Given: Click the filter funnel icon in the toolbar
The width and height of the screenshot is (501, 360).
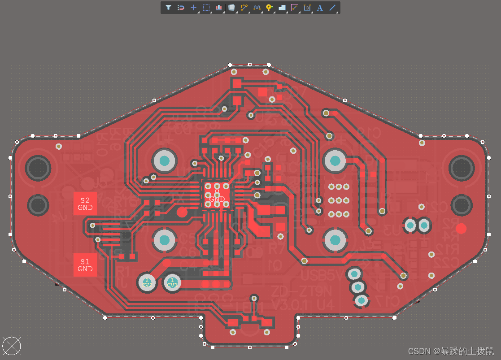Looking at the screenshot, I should tap(168, 8).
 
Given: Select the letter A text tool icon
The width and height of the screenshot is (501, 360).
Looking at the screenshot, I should tap(320, 8).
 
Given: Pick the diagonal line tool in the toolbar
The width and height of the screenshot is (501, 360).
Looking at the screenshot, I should tap(332, 8).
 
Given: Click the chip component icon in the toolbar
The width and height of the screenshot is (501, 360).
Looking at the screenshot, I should tap(231, 8).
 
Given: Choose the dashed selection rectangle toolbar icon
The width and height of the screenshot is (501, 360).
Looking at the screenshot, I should tap(206, 8).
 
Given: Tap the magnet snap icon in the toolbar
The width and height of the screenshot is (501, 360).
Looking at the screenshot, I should tap(181, 8).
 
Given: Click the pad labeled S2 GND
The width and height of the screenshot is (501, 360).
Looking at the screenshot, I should tap(85, 204).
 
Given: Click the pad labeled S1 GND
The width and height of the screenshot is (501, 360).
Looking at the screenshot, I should tap(85, 265).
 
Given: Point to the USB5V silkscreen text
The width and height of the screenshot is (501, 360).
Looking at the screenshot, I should tap(318, 274).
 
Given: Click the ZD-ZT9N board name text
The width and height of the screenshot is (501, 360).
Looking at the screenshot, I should tap(302, 291).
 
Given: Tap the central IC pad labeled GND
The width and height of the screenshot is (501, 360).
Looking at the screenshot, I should tap(217, 196).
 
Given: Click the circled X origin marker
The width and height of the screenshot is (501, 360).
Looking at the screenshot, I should tap(12, 346).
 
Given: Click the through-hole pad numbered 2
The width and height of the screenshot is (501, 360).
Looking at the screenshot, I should tap(147, 282).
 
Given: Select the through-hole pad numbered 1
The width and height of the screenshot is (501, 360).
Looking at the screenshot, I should tap(172, 282).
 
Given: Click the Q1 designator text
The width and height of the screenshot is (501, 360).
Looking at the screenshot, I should tap(275, 265).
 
